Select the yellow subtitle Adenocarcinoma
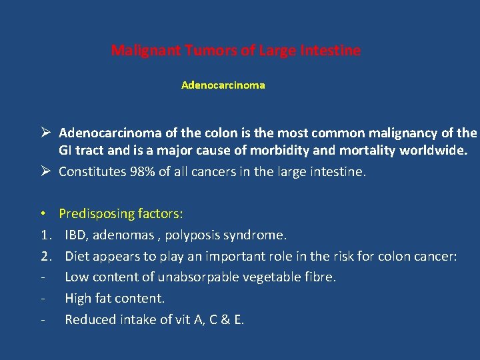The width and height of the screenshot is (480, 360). click(x=223, y=85)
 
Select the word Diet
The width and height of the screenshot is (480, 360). click(x=77, y=257)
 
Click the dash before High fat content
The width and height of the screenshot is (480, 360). click(x=43, y=299)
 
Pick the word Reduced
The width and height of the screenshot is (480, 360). click(x=89, y=320)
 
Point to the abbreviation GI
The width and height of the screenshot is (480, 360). click(x=67, y=151)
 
